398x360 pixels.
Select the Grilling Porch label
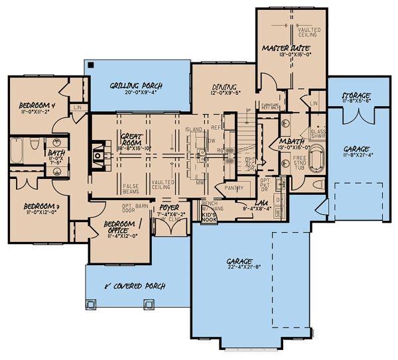click(x=136, y=86)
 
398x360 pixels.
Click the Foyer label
click(x=168, y=208)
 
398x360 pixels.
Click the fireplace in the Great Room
click(x=98, y=154)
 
